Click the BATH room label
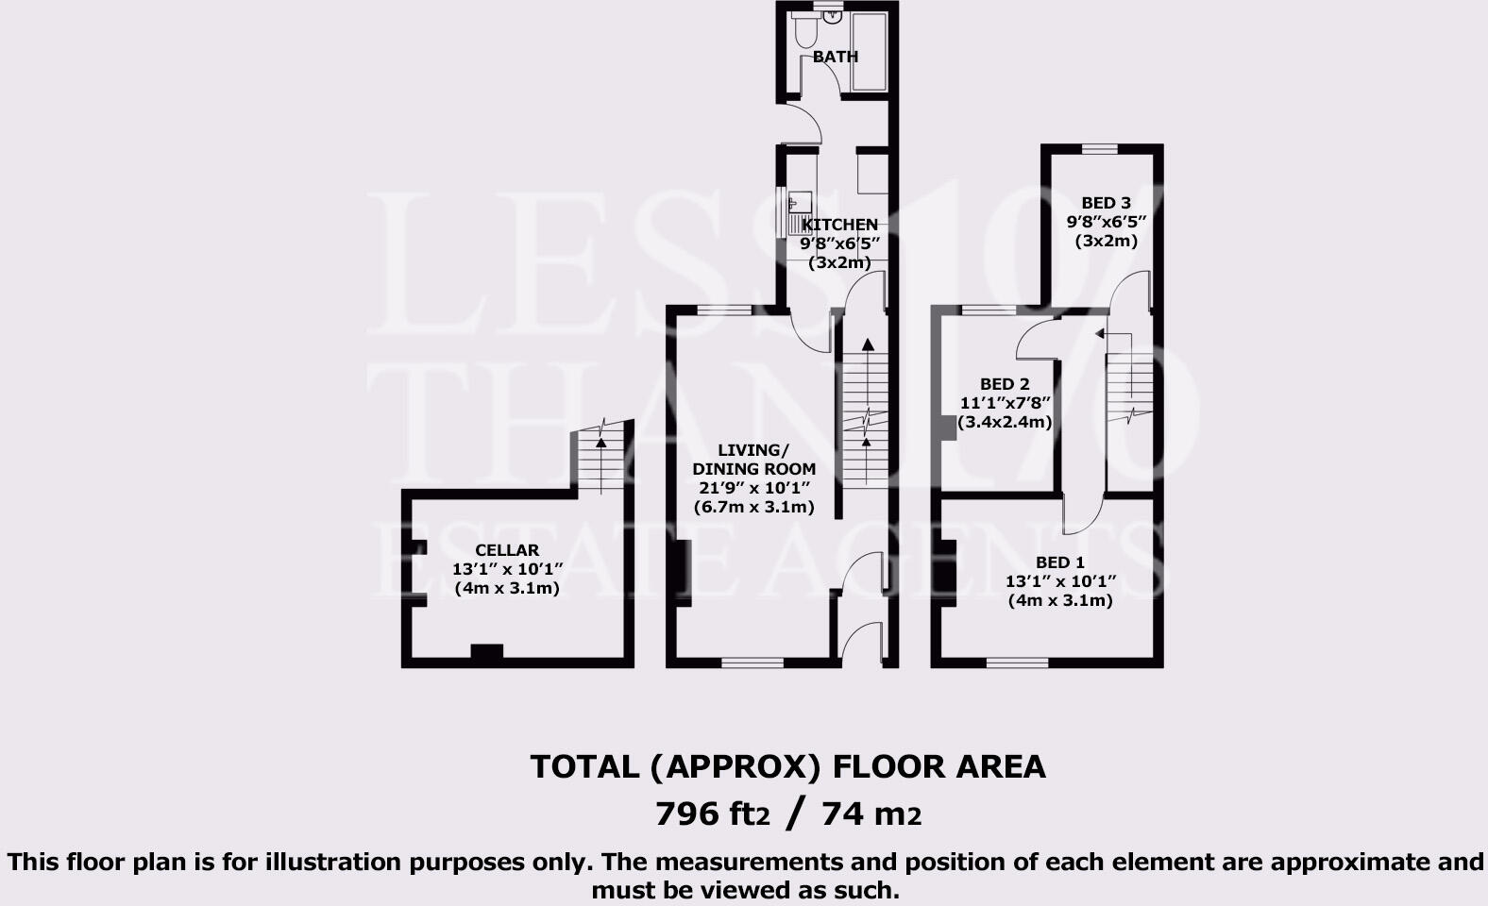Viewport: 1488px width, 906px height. click(x=836, y=57)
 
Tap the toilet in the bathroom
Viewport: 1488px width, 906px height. click(x=804, y=30)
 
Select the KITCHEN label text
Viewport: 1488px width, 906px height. click(x=839, y=225)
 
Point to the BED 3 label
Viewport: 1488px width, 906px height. click(x=1106, y=203)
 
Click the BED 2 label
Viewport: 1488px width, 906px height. click(x=1005, y=384)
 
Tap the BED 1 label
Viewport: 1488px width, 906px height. click(x=1060, y=562)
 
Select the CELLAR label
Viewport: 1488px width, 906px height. click(x=507, y=550)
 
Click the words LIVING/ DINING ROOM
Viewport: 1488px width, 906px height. click(x=754, y=460)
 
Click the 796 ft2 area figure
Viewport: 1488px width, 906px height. click(x=713, y=814)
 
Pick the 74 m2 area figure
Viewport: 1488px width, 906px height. click(x=871, y=814)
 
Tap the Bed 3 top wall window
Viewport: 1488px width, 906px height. click(x=1099, y=149)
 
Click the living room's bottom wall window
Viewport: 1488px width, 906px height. click(x=752, y=663)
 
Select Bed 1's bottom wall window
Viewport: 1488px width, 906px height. click(x=1017, y=663)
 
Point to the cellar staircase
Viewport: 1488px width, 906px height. click(x=600, y=459)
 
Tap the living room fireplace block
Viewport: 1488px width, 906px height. click(x=684, y=573)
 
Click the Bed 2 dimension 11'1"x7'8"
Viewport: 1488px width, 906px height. click(x=1006, y=403)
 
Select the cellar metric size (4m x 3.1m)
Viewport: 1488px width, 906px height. click(x=507, y=589)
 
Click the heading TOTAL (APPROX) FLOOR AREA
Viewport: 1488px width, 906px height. click(x=787, y=767)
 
